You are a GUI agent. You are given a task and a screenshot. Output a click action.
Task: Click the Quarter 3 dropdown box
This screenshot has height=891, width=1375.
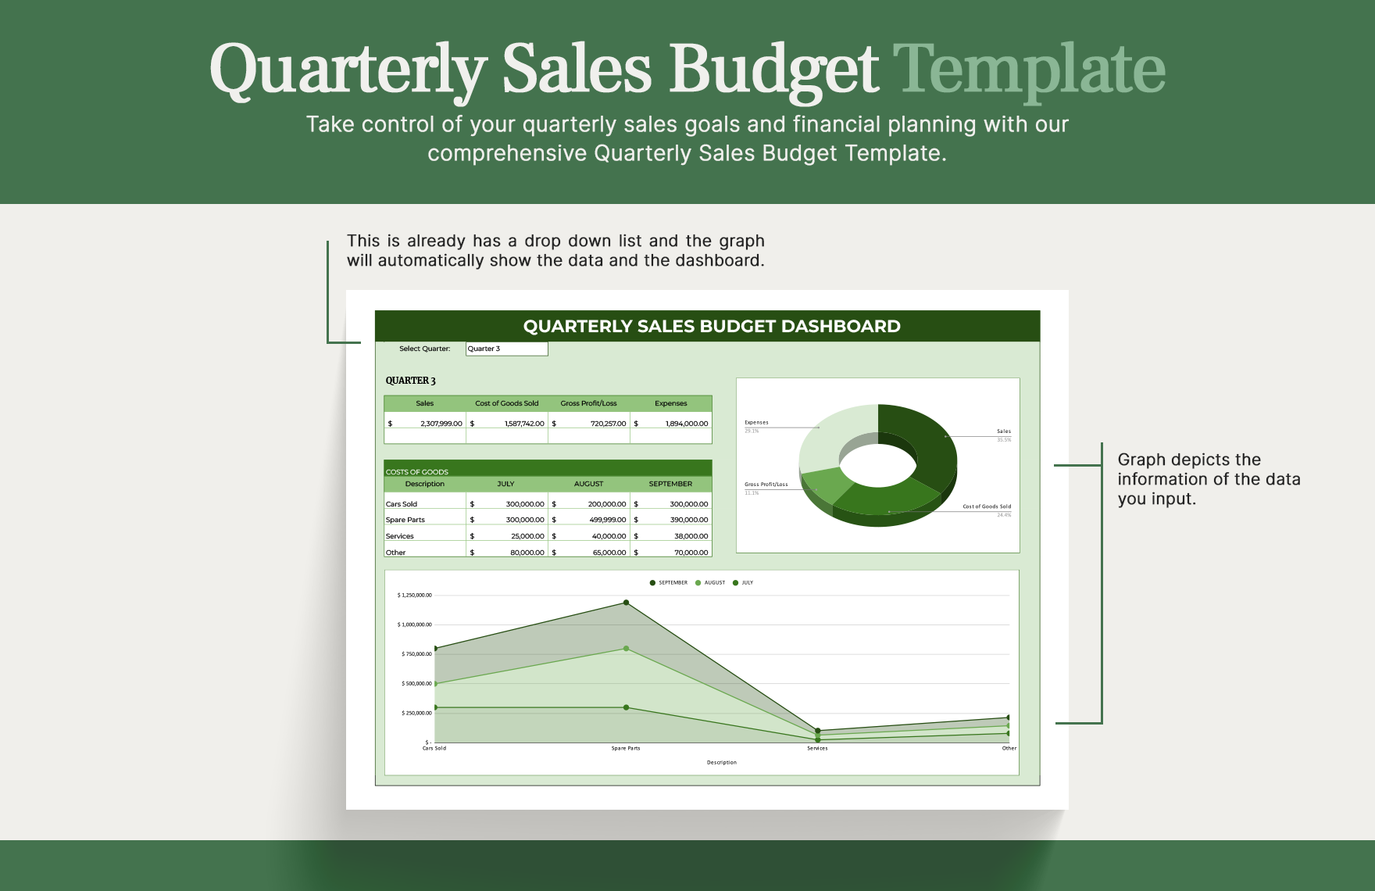pos(506,349)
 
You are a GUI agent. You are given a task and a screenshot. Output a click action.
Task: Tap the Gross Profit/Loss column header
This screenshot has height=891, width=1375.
pos(588,403)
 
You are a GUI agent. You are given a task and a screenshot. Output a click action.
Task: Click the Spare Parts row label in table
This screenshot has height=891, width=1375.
pos(405,520)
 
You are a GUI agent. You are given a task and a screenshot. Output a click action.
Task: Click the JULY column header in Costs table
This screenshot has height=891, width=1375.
pos(505,484)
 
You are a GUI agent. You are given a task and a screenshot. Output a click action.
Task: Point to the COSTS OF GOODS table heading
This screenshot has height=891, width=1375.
pos(417,472)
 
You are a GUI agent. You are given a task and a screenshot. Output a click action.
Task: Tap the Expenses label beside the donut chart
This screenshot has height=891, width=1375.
pos(756,423)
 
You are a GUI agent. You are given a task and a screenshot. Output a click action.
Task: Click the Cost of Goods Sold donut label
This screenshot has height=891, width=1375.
pos(986,506)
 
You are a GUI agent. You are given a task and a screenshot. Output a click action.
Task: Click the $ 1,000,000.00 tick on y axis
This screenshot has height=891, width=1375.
pos(415,624)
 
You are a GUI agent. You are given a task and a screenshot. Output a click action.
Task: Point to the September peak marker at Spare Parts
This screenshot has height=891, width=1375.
pos(626,603)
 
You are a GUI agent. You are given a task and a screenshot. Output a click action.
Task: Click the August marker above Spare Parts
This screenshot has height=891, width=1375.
pos(626,649)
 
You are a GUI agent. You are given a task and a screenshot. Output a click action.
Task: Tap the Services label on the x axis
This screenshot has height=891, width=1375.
pos(817,749)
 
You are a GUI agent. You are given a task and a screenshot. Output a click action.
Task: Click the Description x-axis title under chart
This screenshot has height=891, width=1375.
pos(721,763)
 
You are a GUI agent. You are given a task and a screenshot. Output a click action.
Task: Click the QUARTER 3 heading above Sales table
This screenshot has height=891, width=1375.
pos(410,381)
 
